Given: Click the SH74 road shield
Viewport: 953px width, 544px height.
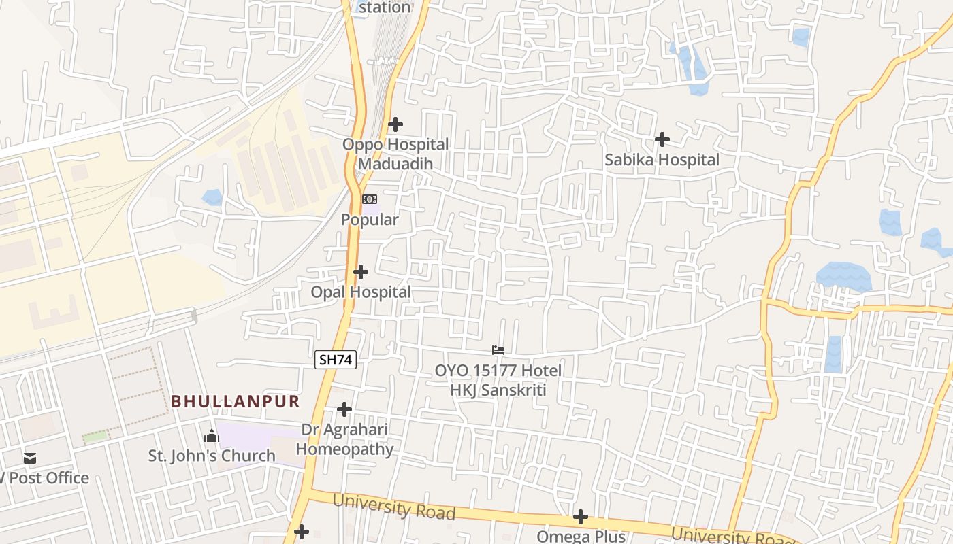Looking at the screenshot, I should coord(336,360).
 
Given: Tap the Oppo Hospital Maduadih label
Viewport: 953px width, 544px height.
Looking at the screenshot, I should coord(395,154).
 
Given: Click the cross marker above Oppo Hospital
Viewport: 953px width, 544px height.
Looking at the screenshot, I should coord(395,124).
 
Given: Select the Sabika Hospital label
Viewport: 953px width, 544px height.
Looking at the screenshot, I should coord(662,160).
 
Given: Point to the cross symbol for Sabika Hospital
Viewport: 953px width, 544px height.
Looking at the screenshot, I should coord(662,139).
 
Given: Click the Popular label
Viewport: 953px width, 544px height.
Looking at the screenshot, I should coord(370,220).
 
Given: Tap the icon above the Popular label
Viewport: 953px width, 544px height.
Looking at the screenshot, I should coord(370,199).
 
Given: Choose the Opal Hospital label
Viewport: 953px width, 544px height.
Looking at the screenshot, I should coord(361,292).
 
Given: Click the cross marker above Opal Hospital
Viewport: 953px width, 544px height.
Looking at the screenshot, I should coord(361,272).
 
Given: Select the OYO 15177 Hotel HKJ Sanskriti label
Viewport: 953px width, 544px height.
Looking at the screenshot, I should coord(498,380).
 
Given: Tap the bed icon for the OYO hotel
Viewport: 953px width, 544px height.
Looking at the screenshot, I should coord(498,350).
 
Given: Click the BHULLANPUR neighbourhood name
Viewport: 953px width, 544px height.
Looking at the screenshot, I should coord(235,401).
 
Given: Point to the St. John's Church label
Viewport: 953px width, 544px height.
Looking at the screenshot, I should coord(212,456).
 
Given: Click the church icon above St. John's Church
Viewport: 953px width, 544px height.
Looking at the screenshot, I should coord(212,436).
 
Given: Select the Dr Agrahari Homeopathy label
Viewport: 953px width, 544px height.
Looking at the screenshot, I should coord(344,439).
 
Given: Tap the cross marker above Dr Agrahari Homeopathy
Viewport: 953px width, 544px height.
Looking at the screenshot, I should coord(344,409).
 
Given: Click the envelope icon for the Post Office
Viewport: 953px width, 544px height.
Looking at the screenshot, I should coord(30,458).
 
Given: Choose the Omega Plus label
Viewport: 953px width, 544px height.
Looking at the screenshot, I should coord(581,536).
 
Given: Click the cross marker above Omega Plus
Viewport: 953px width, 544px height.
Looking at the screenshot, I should coord(581,517).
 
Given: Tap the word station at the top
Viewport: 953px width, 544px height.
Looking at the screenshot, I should coord(385,7).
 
